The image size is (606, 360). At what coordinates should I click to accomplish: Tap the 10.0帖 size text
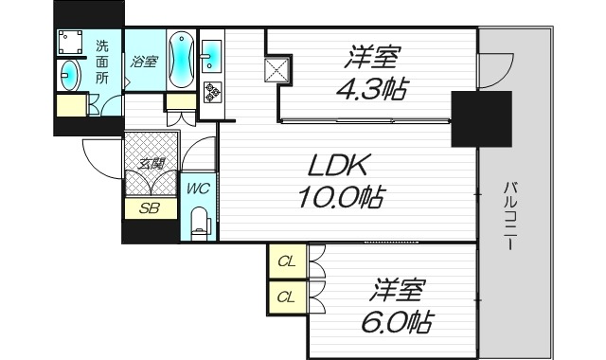pos(343,199)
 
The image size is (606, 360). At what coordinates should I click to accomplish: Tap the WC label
pos(197,188)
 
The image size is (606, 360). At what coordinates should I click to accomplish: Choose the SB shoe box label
pos(150,207)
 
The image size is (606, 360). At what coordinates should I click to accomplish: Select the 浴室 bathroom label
pos(144,63)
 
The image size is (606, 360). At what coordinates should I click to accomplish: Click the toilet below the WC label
pos(197,225)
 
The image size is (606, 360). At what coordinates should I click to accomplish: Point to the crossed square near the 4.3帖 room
pos(277,71)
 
